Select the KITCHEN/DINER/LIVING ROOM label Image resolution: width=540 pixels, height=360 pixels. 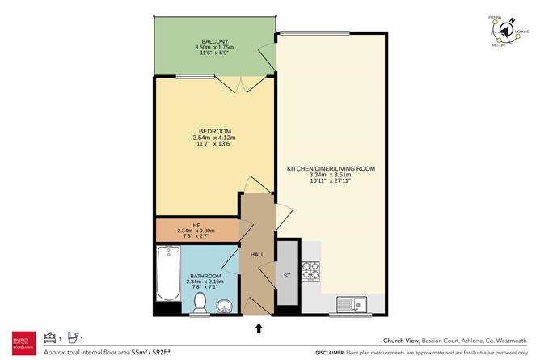pos(331,168)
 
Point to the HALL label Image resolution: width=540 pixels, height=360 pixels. pos(257,255)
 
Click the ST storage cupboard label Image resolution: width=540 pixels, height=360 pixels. pos(286,276)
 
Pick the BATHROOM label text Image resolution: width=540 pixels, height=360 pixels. pos(206,276)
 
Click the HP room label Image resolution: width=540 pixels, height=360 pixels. pos(196,225)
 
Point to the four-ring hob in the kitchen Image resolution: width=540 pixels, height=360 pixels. pos(311,271)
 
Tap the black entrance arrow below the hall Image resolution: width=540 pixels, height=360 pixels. pos(259,328)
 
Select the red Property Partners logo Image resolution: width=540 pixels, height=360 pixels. pos(21,342)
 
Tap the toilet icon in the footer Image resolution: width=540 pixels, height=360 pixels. pos(72,336)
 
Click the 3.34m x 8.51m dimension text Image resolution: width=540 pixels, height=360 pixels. pos(331,175)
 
